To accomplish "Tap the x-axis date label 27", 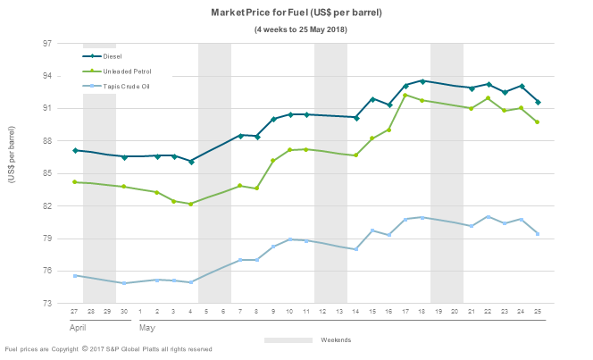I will [x=75, y=312].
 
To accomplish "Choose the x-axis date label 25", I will [x=538, y=312].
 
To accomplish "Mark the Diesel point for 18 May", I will [x=422, y=81].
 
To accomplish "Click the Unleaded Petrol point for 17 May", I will [x=405, y=95].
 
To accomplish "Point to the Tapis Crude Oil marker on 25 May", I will [x=538, y=234].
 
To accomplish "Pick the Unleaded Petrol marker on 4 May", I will [x=191, y=204].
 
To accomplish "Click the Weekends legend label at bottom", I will [x=336, y=339].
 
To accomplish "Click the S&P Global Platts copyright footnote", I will [x=109, y=349].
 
